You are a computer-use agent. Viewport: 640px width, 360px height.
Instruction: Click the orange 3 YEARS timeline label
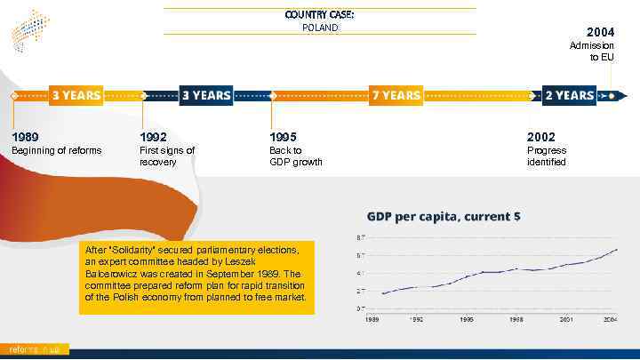[76, 95]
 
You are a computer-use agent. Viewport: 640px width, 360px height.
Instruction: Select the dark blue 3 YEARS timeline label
[206, 95]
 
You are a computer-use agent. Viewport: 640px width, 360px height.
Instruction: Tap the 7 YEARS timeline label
[396, 95]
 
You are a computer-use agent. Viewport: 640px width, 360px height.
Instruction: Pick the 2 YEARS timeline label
[569, 95]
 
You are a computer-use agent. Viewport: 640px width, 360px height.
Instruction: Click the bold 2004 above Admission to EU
[600, 32]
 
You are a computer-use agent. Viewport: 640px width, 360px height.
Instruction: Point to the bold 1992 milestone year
[154, 137]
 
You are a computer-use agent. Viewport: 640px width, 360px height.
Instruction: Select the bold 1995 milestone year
[283, 137]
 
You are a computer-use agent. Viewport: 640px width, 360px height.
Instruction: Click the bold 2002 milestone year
[540, 137]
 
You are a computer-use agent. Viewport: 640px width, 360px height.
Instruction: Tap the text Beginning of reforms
[56, 150]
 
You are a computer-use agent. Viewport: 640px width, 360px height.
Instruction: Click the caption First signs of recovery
[167, 156]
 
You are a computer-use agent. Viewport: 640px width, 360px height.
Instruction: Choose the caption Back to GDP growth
[295, 156]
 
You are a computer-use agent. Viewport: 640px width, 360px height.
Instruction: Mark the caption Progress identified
[546, 156]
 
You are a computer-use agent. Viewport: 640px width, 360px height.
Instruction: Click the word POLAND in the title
[320, 28]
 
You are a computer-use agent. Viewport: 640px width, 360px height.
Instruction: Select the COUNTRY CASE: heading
[320, 15]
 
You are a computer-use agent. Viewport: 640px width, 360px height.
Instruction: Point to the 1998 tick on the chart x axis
[516, 318]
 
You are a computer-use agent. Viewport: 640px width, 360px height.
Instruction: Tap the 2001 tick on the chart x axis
[565, 318]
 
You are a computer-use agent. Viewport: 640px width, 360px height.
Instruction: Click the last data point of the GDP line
[617, 250]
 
